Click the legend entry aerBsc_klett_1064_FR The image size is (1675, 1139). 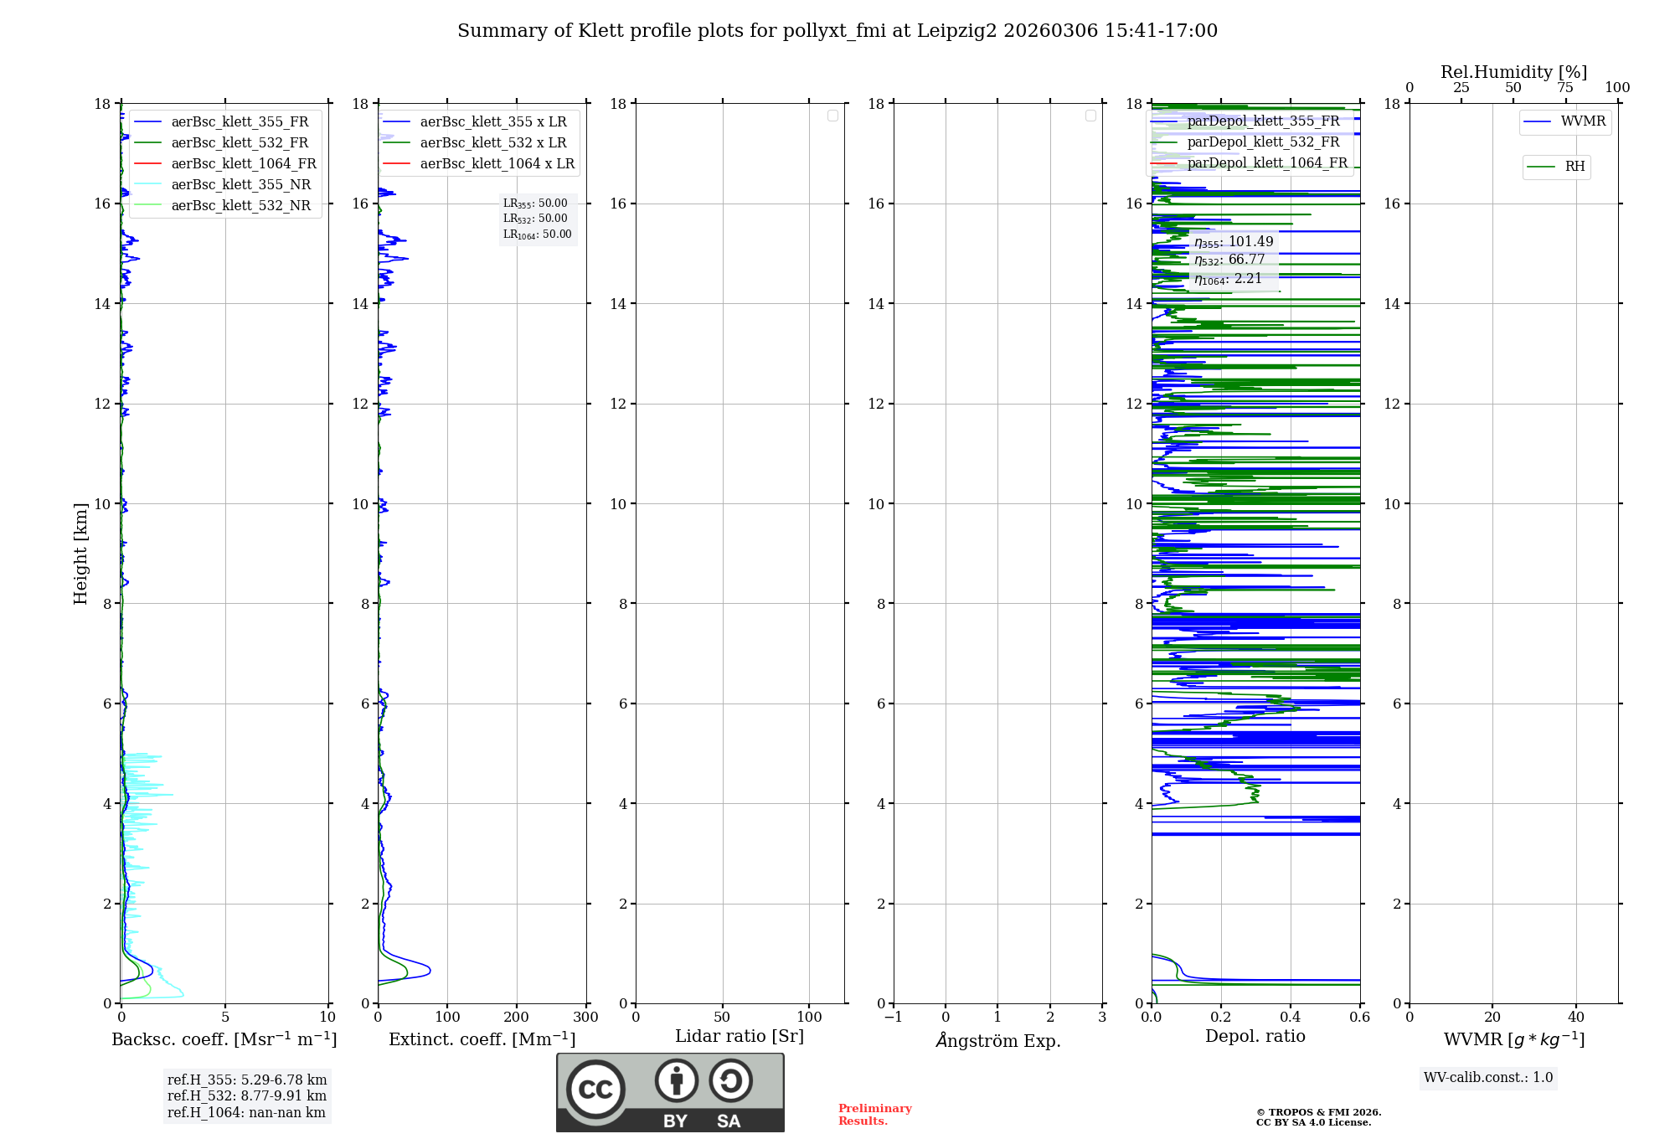[x=243, y=164]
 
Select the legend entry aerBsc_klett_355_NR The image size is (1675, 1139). [x=240, y=185]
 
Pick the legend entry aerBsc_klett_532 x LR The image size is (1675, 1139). [x=492, y=143]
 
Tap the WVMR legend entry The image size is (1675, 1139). [x=1582, y=121]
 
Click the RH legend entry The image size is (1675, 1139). [x=1574, y=167]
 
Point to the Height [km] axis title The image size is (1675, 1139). [x=80, y=554]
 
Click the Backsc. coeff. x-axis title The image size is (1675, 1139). [x=224, y=1039]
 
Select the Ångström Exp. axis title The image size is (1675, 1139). [x=998, y=1041]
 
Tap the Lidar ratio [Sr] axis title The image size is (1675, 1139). [x=740, y=1037]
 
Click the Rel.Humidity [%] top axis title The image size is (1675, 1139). [x=1513, y=72]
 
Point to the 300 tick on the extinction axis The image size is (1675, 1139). [x=585, y=1018]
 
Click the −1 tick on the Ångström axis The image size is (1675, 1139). [x=894, y=1018]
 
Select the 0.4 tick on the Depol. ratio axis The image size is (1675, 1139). [x=1291, y=1018]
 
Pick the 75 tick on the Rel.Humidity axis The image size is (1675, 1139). [x=1565, y=88]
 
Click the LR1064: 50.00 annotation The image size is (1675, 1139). [x=537, y=234]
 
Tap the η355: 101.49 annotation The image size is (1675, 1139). [x=1233, y=242]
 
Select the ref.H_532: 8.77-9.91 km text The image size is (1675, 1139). [x=246, y=1096]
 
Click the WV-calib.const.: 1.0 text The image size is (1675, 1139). [x=1488, y=1078]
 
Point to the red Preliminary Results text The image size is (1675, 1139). [x=874, y=1115]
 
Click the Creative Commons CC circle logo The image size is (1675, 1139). [x=595, y=1090]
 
